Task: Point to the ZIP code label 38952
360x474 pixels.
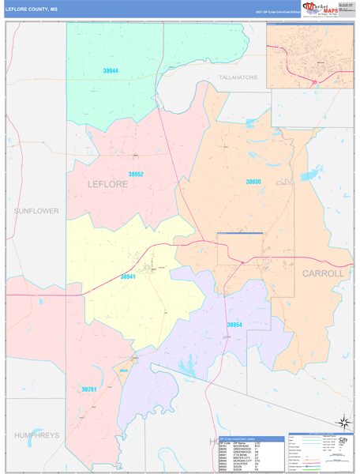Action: point(136,174)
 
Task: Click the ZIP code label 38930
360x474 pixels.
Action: point(253,182)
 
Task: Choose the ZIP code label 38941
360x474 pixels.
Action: point(129,277)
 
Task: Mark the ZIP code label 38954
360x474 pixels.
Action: point(234,325)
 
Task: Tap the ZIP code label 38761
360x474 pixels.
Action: point(89,389)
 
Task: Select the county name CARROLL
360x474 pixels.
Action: point(323,273)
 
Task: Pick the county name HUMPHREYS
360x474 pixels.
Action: point(36,435)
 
